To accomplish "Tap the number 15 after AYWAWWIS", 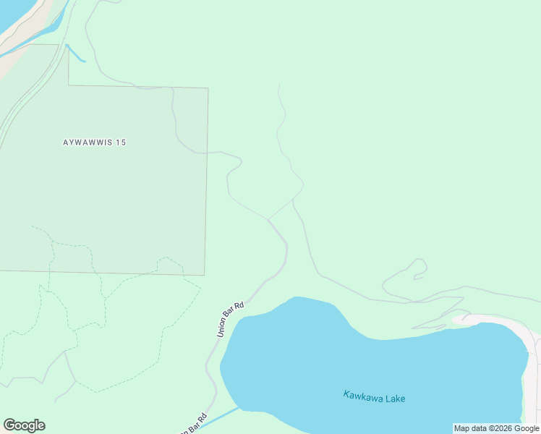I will (120, 142).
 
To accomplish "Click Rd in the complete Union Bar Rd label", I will (240, 306).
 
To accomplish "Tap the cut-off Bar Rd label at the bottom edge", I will (195, 424).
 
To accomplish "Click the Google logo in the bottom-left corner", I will (24, 425).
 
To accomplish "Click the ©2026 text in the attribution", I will (500, 428).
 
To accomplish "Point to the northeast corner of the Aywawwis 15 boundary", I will (208, 89).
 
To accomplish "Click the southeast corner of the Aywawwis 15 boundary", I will (205, 275).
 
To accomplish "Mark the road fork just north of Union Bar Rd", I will (269, 219).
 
